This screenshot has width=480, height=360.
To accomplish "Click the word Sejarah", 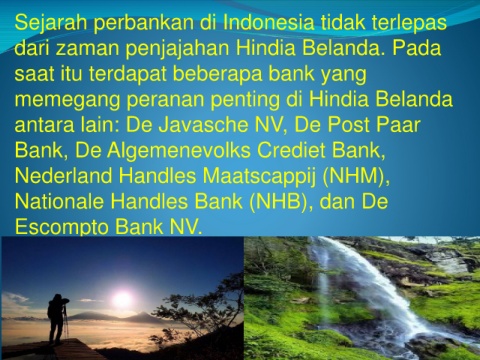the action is click(x=51, y=22).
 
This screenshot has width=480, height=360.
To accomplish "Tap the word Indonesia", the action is click(x=268, y=22).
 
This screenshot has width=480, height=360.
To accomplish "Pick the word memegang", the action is click(x=67, y=100).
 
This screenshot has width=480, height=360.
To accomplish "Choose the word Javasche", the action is click(x=203, y=125).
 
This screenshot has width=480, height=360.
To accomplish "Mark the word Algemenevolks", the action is click(x=178, y=151).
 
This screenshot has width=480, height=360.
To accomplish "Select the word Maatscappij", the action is click(x=259, y=176).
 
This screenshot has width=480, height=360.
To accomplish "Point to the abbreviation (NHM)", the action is click(x=356, y=176).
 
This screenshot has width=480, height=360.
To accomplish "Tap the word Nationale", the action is click(x=59, y=202).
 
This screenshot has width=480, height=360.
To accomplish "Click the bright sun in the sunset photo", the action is click(x=122, y=299).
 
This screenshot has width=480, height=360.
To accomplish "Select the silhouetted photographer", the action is click(x=58, y=319).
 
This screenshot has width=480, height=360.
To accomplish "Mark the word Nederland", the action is click(x=63, y=176).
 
